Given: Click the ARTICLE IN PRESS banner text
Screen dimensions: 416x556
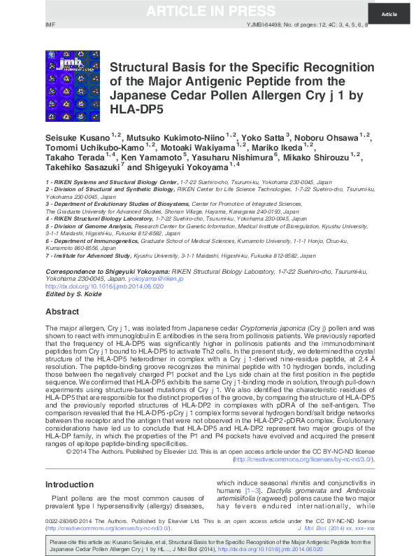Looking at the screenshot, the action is [208, 11].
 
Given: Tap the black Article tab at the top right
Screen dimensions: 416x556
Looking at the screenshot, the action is [389, 14].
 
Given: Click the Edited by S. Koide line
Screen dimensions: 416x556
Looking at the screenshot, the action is [73, 294].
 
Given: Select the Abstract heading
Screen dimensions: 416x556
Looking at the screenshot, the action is [62, 311].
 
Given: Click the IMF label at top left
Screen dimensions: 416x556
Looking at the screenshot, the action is [50, 25].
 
